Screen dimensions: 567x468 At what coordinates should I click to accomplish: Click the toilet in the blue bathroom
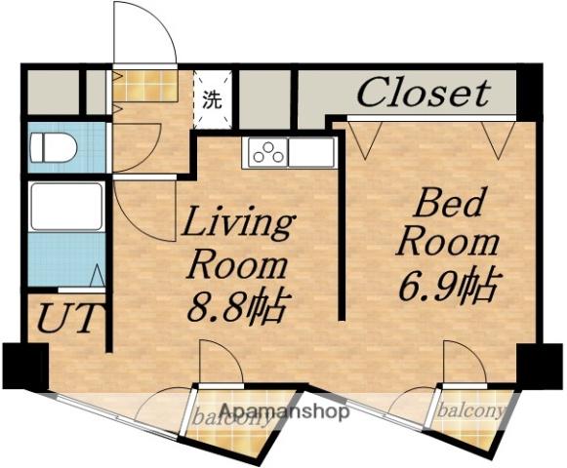[54, 147]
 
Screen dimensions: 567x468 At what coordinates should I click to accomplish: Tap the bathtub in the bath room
[67, 207]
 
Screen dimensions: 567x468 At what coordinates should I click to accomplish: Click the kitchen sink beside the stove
[311, 152]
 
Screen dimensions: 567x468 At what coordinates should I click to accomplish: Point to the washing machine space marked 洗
[213, 99]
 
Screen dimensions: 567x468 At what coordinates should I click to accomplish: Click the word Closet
[424, 93]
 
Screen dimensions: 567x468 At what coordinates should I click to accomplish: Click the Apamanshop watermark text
[285, 410]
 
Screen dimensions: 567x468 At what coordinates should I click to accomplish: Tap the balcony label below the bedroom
[471, 410]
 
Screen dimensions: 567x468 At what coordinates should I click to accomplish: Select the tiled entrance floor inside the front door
[145, 86]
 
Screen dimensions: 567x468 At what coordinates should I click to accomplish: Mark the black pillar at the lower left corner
[25, 366]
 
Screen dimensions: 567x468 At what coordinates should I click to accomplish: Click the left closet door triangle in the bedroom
[365, 139]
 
